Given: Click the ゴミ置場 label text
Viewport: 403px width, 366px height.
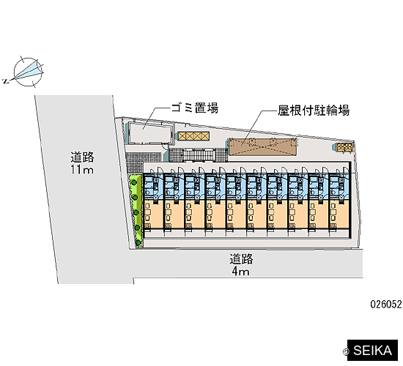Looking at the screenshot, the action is click(195, 108).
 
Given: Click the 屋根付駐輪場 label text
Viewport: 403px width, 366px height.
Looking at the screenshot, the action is click(314, 111).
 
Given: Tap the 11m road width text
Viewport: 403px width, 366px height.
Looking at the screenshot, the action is click(82, 170).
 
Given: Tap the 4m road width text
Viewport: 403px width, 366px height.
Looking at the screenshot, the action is click(241, 272).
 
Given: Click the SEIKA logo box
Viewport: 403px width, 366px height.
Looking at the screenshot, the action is click(372, 351).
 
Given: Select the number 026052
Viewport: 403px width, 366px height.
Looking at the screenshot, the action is click(385, 305).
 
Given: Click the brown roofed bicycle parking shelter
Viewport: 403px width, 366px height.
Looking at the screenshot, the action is click(262, 146).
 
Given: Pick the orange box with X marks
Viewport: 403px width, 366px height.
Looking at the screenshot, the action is click(194, 136).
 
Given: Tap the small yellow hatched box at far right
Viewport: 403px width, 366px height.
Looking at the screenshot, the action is click(344, 147).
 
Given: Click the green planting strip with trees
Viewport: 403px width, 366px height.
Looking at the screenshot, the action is click(136, 211).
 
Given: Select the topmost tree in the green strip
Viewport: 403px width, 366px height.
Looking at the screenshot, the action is click(134, 182).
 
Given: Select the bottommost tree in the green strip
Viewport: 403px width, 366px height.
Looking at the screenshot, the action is click(138, 242).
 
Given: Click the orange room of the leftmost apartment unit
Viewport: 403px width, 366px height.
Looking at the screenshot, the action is click(153, 214).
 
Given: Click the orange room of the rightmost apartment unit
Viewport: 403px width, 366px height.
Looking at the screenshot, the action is click(339, 214).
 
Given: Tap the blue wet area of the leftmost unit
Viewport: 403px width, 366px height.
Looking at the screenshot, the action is click(153, 187).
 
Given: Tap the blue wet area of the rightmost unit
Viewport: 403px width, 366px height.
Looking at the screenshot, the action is click(339, 187).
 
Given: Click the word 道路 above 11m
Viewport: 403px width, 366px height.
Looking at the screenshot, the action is click(83, 157).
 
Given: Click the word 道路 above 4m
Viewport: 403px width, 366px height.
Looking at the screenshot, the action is click(241, 259).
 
